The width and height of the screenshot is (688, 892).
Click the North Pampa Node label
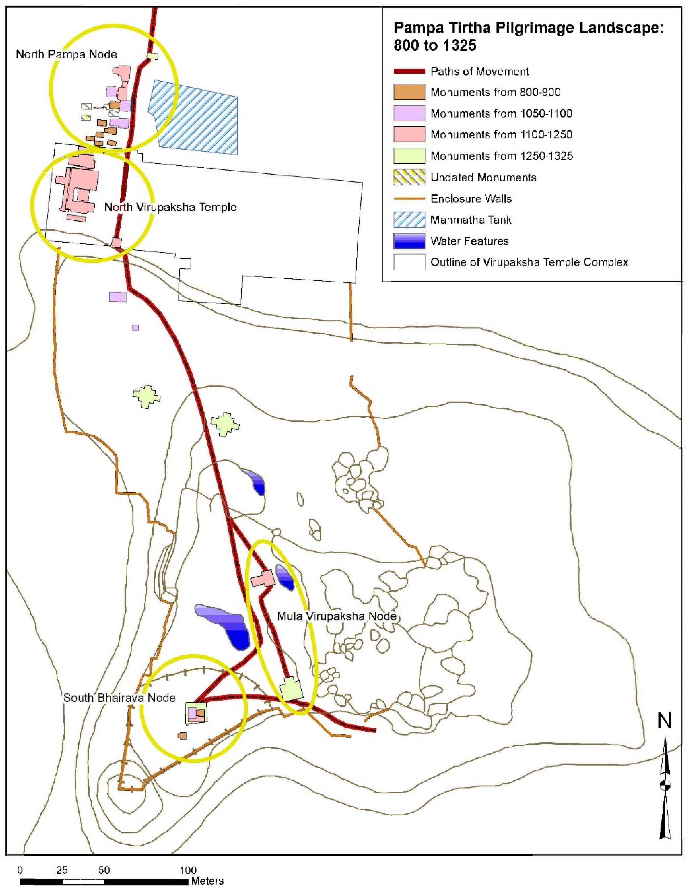[x=66, y=54]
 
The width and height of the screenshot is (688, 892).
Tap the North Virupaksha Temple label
[x=170, y=207]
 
